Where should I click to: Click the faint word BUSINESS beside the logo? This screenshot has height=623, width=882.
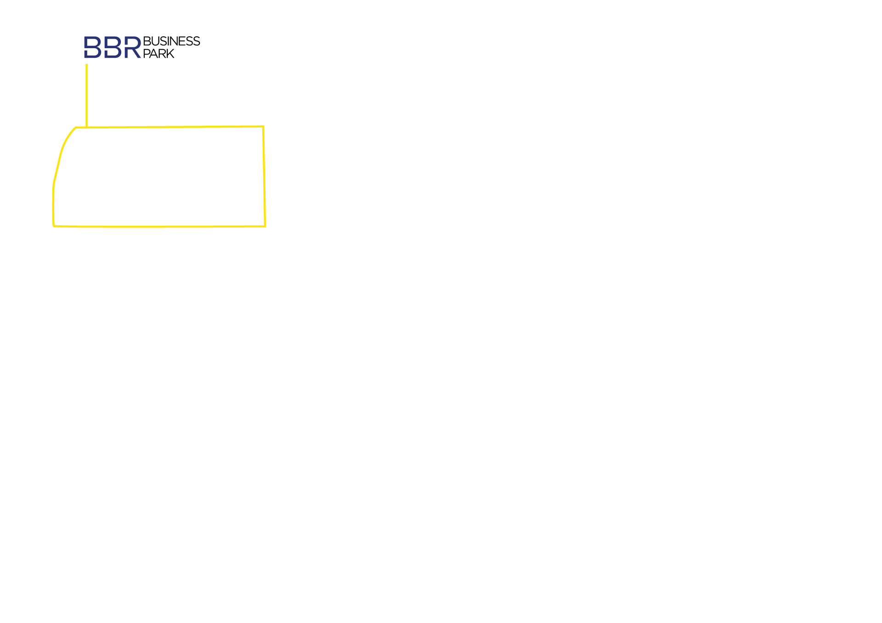click(171, 41)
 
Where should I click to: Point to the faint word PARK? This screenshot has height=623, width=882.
click(159, 54)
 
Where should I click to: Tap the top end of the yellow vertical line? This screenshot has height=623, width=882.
click(86, 65)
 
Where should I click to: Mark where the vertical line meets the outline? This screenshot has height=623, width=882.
click(86, 127)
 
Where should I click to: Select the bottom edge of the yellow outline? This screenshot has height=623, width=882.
click(161, 226)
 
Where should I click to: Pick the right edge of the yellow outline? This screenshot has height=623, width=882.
click(264, 177)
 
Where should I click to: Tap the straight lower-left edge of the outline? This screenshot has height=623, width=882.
click(53, 206)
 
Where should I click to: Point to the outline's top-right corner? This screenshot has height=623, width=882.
click(263, 126)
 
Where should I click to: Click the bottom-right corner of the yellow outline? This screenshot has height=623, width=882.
click(265, 226)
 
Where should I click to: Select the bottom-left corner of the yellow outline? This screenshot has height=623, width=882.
click(54, 226)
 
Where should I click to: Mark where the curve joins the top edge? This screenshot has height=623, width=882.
click(76, 128)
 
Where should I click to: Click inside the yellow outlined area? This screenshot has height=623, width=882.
click(161, 177)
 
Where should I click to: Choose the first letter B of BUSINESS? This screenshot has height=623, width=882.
click(147, 41)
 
